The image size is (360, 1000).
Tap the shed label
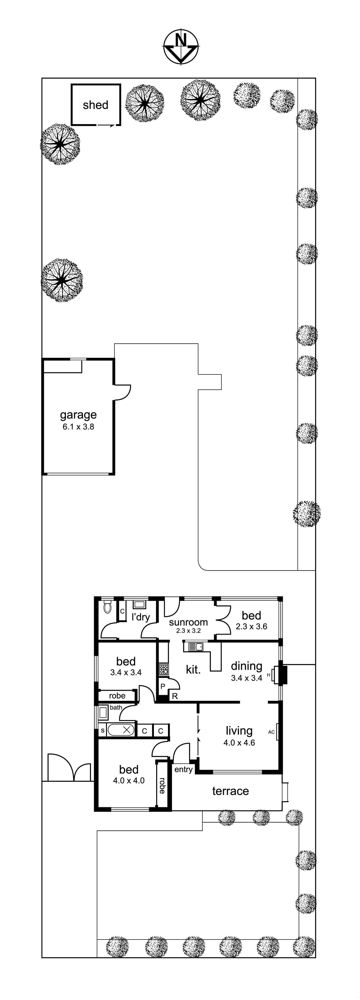coord(96,105)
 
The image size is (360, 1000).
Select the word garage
coord(78,415)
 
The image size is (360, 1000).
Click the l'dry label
coord(141,617)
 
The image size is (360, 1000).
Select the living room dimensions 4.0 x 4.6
coord(239,743)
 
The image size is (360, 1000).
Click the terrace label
coord(230,791)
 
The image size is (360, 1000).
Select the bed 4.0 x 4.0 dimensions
coord(129,780)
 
